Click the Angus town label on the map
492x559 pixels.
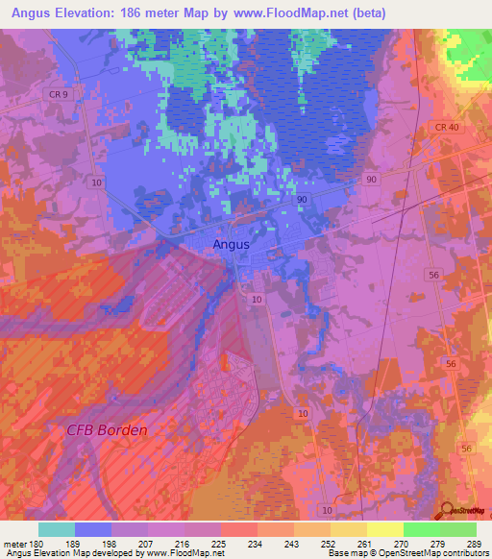click(x=231, y=244)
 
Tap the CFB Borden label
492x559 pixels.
click(x=107, y=429)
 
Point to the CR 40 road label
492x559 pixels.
click(x=447, y=128)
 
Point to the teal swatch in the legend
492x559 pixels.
click(x=57, y=529)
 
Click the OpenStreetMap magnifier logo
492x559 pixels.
click(x=447, y=511)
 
